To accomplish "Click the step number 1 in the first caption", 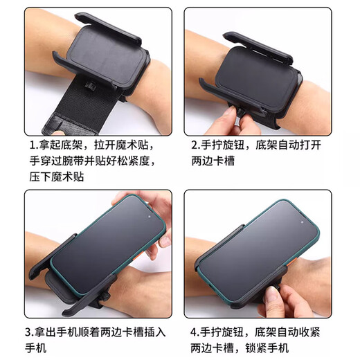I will pyautogui.click(x=33, y=146).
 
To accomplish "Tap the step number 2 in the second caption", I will pyautogui.click(x=195, y=146).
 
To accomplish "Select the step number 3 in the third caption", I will pyautogui.click(x=33, y=331).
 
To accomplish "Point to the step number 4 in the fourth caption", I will pyautogui.click(x=195, y=331).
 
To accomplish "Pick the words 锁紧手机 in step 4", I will pyautogui.click(x=279, y=347).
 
